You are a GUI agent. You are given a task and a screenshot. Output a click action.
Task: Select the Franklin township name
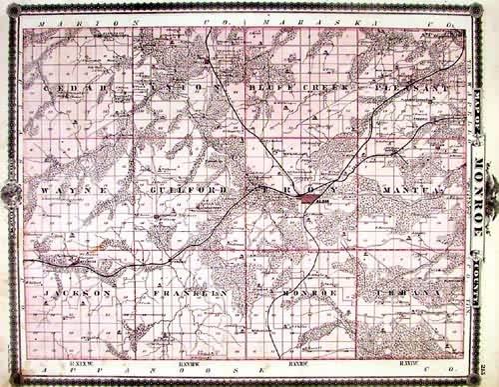185,293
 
